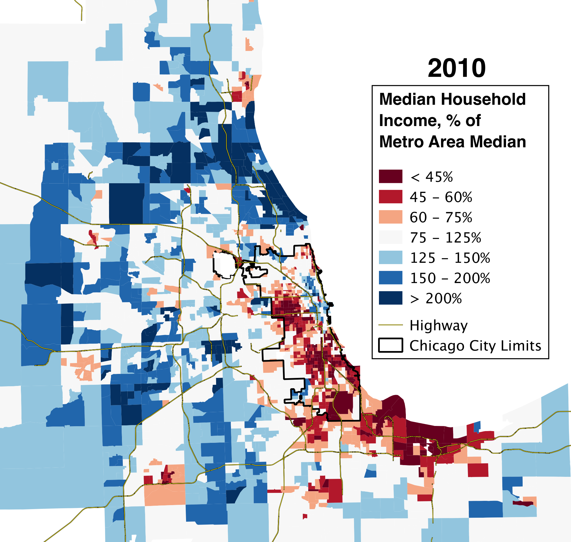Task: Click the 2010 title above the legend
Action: click(457, 68)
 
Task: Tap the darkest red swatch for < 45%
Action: click(390, 176)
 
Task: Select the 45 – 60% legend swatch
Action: click(390, 196)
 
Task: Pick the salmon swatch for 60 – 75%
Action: click(390, 217)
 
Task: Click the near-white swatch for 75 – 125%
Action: click(390, 237)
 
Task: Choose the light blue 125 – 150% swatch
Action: click(390, 257)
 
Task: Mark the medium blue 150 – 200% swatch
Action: click(390, 278)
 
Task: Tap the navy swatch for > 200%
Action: click(390, 298)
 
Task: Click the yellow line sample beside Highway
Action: click(390, 325)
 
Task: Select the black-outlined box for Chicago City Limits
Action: click(390, 345)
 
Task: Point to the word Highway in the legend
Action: click(438, 326)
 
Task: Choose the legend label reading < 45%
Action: click(431, 177)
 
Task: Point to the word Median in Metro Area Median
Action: click(498, 142)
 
